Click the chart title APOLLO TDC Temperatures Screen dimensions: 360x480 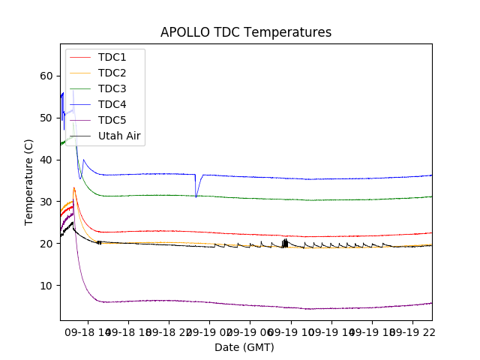(246, 32)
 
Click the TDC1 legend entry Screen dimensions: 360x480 (112, 57)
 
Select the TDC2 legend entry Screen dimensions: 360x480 (112, 73)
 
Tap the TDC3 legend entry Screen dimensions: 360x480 (112, 88)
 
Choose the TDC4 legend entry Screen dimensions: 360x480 (112, 104)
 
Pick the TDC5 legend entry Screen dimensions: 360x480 (112, 120)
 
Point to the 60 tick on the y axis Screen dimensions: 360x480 (46, 76)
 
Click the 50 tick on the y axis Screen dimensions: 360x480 (46, 118)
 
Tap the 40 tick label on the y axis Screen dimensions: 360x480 (46, 160)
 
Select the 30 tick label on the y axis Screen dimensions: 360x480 (46, 202)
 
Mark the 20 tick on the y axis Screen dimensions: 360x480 (46, 244)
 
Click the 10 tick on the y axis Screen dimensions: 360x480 (46, 286)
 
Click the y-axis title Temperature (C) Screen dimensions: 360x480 (29, 181)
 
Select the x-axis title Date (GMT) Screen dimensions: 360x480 (244, 347)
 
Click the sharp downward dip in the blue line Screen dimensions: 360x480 (196, 196)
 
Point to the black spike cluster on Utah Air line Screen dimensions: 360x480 (285, 242)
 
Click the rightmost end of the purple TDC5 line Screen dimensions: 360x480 (431, 303)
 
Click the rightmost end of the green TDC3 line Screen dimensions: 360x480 (431, 196)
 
